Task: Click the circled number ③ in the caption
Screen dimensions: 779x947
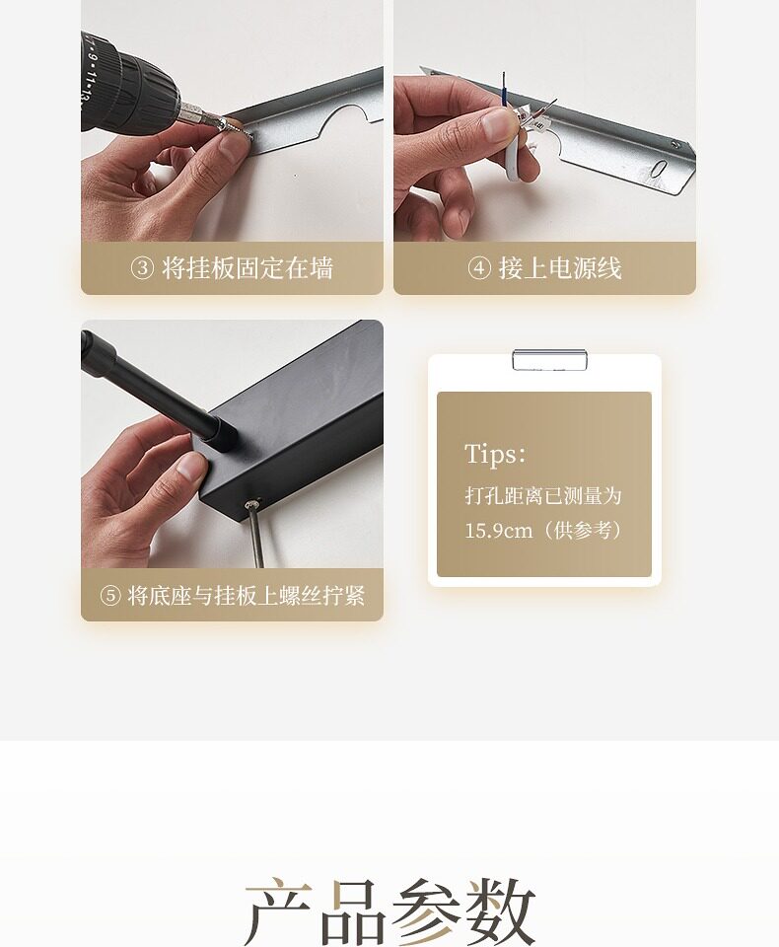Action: click(143, 268)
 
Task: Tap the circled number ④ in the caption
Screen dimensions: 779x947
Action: click(479, 268)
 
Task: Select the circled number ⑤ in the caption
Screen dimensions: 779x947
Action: click(110, 596)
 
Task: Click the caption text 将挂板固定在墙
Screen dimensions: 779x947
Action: click(248, 268)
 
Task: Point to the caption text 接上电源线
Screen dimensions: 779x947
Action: click(560, 268)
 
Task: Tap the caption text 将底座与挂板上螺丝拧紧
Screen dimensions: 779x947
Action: click(247, 596)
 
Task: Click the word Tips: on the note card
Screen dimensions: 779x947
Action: click(495, 454)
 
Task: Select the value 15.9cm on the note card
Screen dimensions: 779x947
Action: click(499, 531)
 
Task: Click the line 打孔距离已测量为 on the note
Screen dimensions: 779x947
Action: click(543, 496)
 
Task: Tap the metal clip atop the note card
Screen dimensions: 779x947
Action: click(549, 360)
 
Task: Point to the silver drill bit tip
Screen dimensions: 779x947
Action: click(237, 128)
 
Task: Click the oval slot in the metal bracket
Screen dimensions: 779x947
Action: click(659, 169)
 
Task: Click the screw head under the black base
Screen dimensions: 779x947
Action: click(253, 503)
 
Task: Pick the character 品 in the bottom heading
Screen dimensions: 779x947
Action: click(353, 911)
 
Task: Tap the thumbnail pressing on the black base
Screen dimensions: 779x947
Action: click(192, 467)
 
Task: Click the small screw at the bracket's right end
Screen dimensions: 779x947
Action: click(675, 144)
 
